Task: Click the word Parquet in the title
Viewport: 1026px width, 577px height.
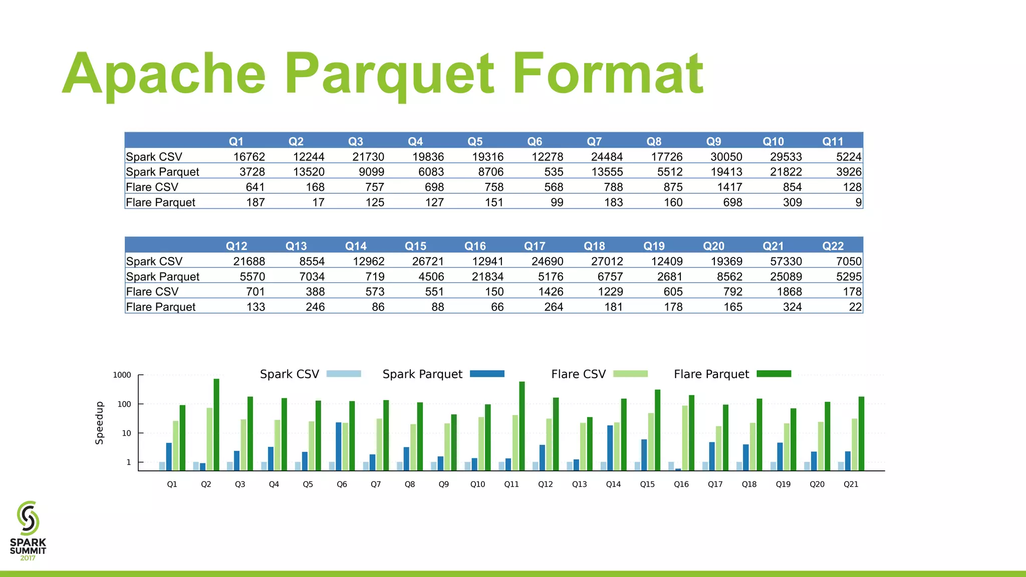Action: tap(390, 74)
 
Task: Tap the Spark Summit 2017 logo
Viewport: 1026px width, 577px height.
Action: tap(28, 530)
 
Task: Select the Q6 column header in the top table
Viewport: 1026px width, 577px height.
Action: tap(535, 141)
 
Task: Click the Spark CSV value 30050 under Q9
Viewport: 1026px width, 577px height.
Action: tap(726, 157)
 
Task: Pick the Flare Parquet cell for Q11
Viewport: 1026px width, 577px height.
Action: tap(858, 202)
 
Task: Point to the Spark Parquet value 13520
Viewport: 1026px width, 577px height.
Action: tap(309, 172)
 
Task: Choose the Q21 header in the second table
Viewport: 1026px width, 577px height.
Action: tap(773, 246)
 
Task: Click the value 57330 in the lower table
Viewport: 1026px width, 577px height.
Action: tap(786, 261)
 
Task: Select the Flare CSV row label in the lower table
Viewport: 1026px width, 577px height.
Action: tap(152, 292)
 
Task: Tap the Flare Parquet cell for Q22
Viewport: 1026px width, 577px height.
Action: tap(855, 307)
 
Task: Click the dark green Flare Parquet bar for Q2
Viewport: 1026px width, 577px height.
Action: tap(216, 425)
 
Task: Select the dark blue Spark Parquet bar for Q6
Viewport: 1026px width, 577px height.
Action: tap(339, 446)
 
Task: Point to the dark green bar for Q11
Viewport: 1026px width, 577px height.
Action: tap(522, 426)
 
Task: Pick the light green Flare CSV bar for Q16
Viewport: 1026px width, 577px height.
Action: tap(685, 438)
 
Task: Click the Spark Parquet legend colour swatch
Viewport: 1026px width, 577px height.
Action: tap(487, 374)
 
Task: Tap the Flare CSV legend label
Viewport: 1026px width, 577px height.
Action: tap(578, 374)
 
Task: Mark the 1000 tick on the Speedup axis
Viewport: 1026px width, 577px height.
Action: tap(122, 375)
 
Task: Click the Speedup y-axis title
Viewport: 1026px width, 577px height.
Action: tap(100, 423)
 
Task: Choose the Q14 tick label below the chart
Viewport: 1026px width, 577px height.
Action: tap(613, 484)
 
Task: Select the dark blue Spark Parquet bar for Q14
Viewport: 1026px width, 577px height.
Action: tap(610, 448)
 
